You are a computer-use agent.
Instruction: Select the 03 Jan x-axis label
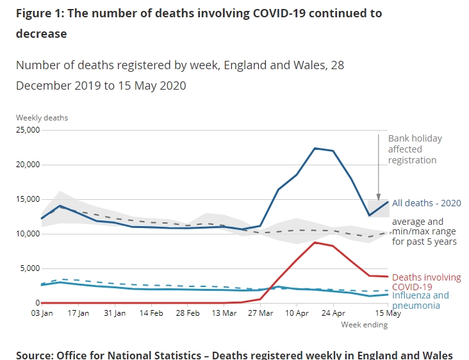(42, 313)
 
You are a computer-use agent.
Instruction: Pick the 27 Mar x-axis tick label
(259, 313)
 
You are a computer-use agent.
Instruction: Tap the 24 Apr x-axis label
(333, 313)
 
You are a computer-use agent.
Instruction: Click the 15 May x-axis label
(388, 313)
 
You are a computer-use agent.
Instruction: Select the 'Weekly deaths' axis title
(42, 118)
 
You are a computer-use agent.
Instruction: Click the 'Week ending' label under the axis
(364, 325)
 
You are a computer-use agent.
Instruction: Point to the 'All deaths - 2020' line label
(426, 203)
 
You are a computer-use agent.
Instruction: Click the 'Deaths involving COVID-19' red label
(426, 282)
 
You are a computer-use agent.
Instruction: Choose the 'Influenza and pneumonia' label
(420, 300)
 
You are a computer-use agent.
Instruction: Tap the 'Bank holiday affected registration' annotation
(415, 149)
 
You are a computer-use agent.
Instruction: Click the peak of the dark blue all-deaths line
(315, 148)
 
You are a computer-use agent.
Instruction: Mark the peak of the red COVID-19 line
(315, 242)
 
